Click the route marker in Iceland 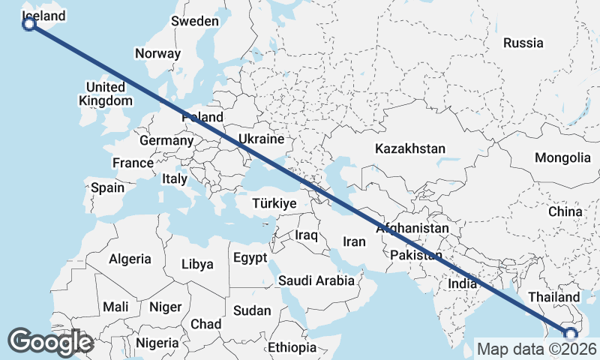coord(29,24)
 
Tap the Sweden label coord(194,21)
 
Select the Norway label coord(157,53)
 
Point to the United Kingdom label coord(106,94)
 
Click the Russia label coord(523,43)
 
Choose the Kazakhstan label coord(410,148)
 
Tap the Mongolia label coord(562,157)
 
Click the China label coord(565,211)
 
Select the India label coord(462,283)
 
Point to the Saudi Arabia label coord(316,280)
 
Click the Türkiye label coord(274,203)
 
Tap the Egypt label coord(250,258)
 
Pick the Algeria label coord(130,259)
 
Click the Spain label coord(107,187)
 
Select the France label coord(133,163)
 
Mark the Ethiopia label coord(292,347)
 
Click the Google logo coord(50,342)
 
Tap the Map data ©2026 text coord(536,349)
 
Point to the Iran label coord(354,241)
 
